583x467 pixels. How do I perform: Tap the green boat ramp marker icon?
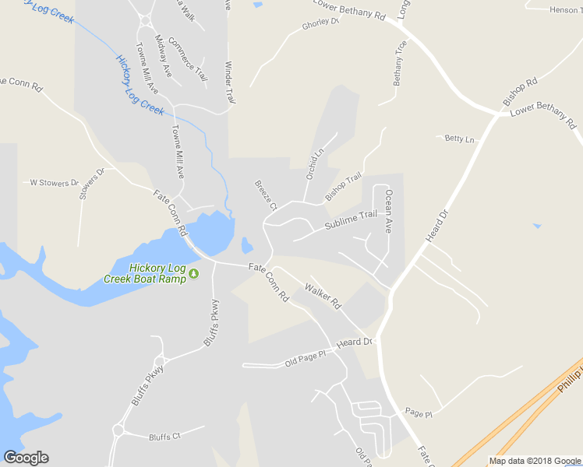point(194,273)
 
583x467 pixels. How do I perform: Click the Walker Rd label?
point(323,296)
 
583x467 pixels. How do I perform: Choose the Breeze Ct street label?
point(266,195)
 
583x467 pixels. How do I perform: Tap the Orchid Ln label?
point(313,163)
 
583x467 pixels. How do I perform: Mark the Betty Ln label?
point(459,139)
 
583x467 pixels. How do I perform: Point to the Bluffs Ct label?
point(164,437)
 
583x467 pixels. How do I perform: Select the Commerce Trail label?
point(187,59)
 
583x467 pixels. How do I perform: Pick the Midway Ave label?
point(163,54)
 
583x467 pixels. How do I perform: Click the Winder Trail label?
point(230,83)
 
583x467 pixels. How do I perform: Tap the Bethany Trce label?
point(400,62)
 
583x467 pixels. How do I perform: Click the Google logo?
point(26,458)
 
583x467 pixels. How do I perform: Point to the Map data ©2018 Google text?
point(535,461)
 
